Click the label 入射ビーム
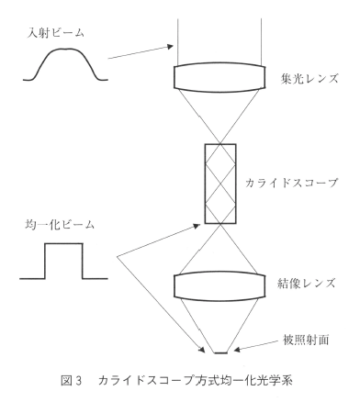[55, 33]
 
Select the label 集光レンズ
[309, 79]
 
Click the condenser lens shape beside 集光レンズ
[219, 78]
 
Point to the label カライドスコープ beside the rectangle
[291, 183]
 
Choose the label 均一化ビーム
[60, 225]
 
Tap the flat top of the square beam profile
[63, 243]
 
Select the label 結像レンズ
[306, 284]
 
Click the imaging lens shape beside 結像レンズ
[219, 285]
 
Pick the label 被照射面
[306, 340]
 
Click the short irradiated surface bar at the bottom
[221, 353]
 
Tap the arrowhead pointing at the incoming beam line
[170, 47]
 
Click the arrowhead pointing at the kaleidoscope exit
[197, 226]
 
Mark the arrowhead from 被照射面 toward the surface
[237, 350]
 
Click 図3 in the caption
[72, 381]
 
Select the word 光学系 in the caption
[276, 381]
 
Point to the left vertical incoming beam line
[178, 42]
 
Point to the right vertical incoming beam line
[261, 42]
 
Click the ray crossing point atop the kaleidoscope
[220, 143]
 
